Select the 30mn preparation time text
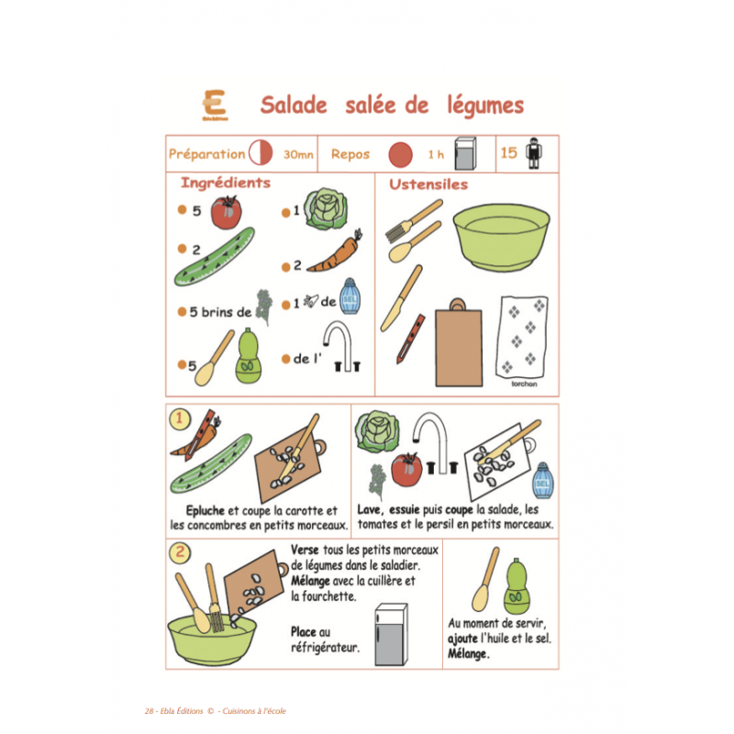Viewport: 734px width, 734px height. tap(298, 155)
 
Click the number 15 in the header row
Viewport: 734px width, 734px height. tap(509, 153)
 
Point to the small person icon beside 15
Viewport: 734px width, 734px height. tap(534, 154)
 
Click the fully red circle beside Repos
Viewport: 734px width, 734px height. tap(399, 153)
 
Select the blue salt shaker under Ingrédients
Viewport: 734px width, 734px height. tap(348, 296)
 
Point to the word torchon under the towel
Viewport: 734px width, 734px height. tap(525, 384)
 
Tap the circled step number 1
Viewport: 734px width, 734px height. tap(180, 420)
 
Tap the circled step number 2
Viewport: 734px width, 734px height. tap(181, 553)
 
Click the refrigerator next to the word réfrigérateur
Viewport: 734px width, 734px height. tap(391, 632)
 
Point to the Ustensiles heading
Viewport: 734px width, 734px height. tap(428, 184)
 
